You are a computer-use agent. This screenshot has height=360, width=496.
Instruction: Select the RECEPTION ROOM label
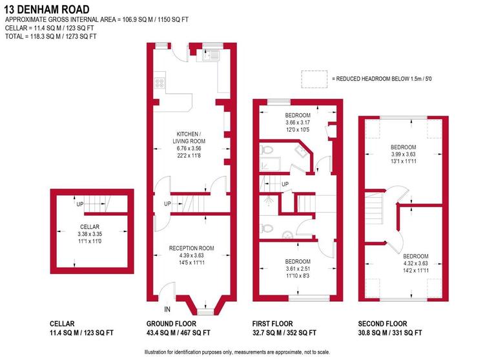[191, 249]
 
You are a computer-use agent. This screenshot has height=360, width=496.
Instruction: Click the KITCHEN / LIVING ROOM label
[189, 137]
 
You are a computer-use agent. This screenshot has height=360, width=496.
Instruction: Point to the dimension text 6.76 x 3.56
[189, 149]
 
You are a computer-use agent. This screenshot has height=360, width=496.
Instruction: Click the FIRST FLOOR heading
[272, 324]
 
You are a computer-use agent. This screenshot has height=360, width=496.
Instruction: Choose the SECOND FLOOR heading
[382, 324]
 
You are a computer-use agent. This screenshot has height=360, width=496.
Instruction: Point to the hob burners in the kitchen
[159, 83]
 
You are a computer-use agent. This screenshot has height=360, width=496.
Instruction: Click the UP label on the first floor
[285, 185]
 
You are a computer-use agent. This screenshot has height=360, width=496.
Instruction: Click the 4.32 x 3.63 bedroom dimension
[415, 262]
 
